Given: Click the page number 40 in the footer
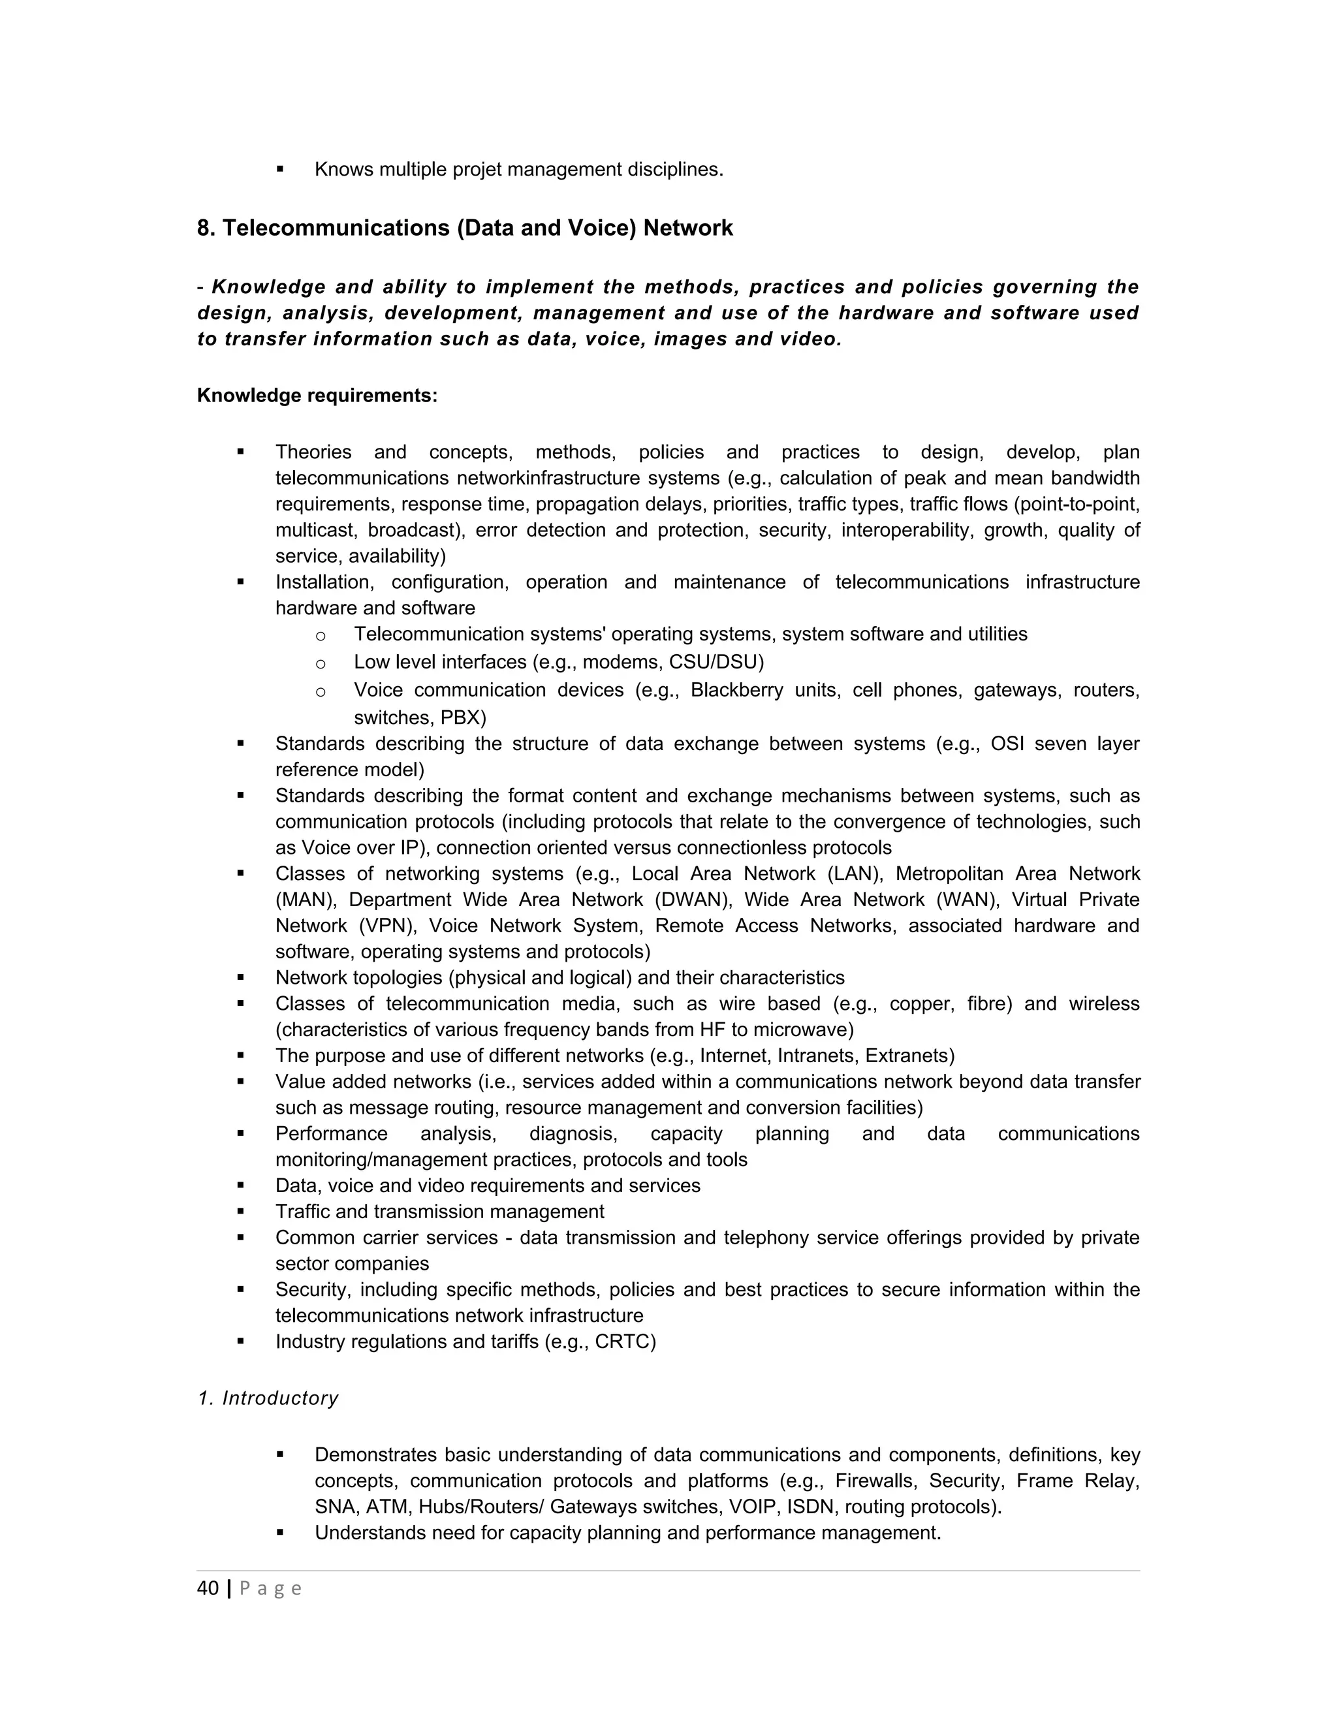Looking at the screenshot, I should pos(208,1588).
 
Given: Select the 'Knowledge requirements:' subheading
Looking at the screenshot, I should pos(317,395).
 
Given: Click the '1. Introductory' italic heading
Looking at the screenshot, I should pos(268,1398).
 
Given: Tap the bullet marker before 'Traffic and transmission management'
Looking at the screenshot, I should pos(240,1211).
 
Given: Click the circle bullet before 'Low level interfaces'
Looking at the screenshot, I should pos(320,663).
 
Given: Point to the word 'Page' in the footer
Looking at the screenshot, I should pos(270,1589).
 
